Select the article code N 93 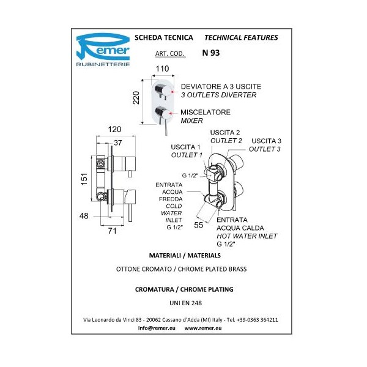211,53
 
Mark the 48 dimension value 85,215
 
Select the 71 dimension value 112,231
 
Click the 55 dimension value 199,225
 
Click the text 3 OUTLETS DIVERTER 218,95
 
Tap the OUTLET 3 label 265,149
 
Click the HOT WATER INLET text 247,235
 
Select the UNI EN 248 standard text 183,302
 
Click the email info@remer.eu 152,328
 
